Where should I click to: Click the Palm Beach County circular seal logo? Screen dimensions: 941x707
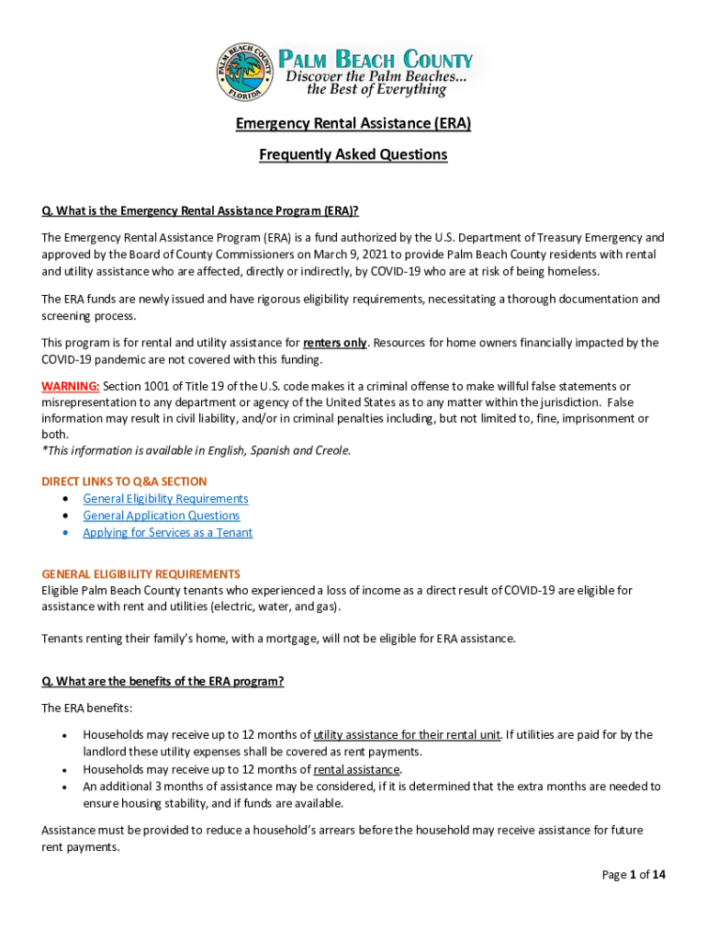click(x=246, y=73)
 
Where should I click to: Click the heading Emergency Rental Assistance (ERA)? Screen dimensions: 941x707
click(x=353, y=123)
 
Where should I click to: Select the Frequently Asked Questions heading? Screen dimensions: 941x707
click(x=353, y=154)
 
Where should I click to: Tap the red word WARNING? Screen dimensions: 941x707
click(x=71, y=386)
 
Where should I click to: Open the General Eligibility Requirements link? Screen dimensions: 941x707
click(x=165, y=499)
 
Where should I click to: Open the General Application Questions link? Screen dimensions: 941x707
click(x=161, y=516)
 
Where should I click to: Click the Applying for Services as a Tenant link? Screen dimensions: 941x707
click(x=167, y=533)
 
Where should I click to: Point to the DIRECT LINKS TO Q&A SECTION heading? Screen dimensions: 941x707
click(x=124, y=482)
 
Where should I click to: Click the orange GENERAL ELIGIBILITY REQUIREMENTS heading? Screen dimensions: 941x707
click(x=140, y=573)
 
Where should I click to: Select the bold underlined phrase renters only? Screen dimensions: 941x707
click(x=335, y=343)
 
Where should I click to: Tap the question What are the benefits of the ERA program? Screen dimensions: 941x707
click(x=163, y=682)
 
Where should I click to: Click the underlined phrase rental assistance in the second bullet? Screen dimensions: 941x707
click(x=356, y=769)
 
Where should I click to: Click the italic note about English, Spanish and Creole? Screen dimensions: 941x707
click(x=196, y=450)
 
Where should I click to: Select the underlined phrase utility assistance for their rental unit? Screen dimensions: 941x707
click(x=407, y=735)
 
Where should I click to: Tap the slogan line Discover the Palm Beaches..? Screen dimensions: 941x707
click(x=375, y=76)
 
